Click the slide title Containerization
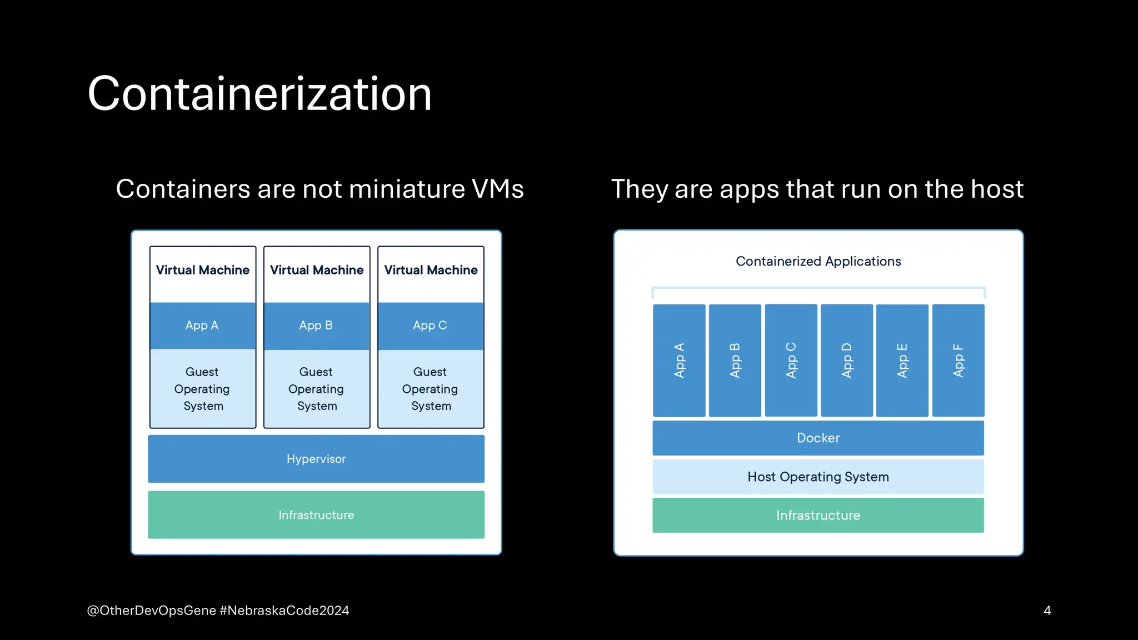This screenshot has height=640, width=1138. (259, 94)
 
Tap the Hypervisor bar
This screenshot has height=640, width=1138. (316, 459)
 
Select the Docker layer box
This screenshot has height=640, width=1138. (818, 438)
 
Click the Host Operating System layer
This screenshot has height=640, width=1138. (818, 477)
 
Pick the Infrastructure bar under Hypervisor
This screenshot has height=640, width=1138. (316, 515)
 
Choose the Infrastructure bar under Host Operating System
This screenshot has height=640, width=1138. (818, 516)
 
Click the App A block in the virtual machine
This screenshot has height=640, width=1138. (202, 326)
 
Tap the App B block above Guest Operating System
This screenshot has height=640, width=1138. (316, 326)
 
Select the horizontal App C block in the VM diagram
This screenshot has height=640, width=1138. (430, 326)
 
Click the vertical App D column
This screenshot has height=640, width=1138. (846, 361)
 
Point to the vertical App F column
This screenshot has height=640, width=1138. (958, 361)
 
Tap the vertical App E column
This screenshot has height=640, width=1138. (902, 361)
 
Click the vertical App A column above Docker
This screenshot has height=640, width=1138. (679, 361)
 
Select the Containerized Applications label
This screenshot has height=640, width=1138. (818, 261)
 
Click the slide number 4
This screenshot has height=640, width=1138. (1047, 611)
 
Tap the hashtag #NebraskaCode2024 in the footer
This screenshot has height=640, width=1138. (284, 611)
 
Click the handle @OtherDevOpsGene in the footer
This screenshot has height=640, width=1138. (151, 611)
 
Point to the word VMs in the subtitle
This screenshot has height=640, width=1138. (497, 189)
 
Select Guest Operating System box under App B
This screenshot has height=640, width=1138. (316, 389)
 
